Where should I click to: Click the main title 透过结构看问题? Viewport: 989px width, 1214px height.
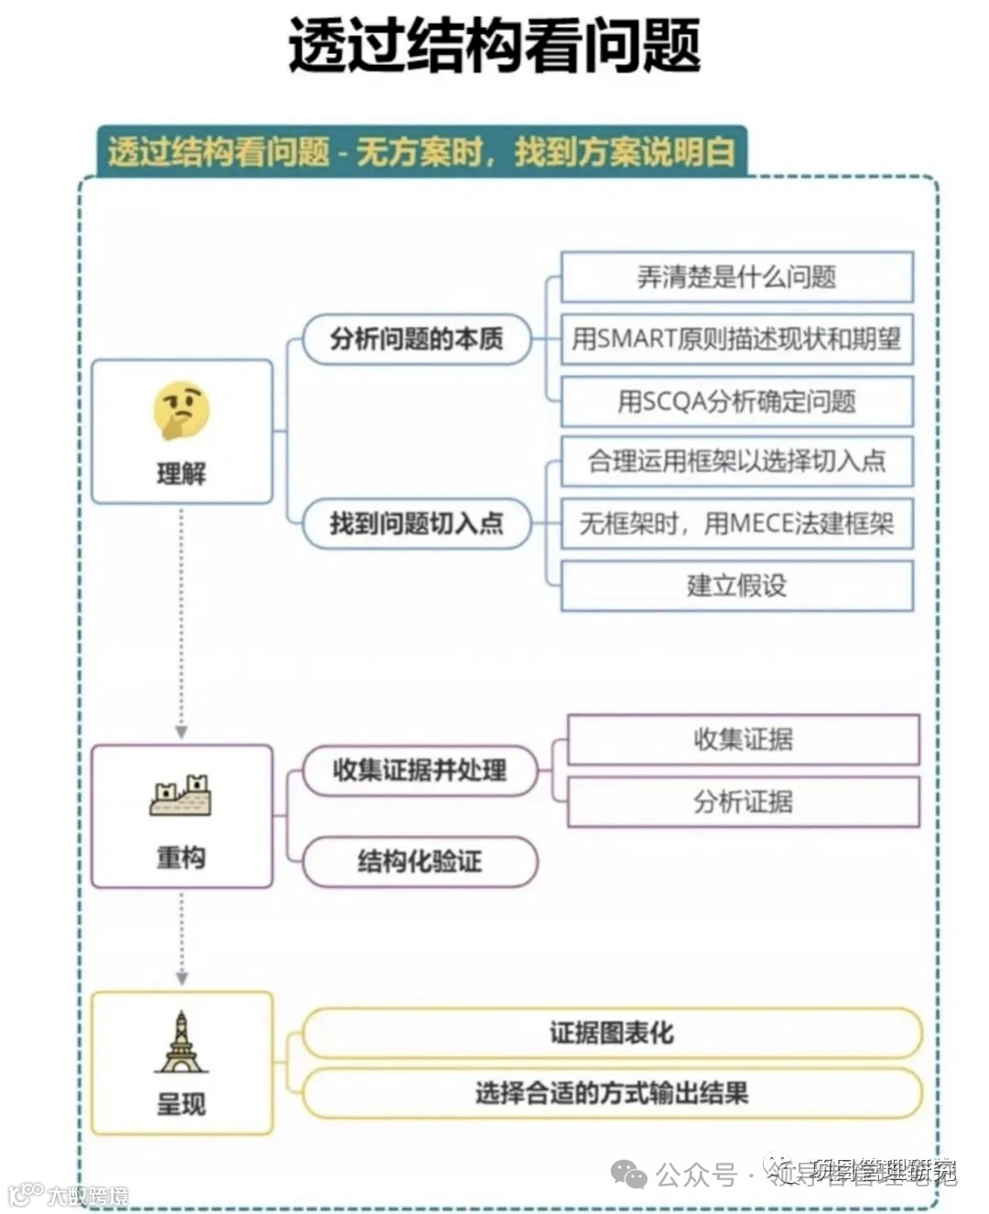[494, 46]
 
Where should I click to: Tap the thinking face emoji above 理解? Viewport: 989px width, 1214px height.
[181, 410]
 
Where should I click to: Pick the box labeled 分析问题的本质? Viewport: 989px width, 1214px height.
[417, 339]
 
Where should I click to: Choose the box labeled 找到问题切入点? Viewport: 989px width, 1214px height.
[417, 523]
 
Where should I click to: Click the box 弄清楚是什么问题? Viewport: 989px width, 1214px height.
[736, 277]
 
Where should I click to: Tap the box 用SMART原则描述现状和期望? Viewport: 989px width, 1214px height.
[736, 339]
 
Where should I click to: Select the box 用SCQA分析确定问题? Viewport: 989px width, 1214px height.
[736, 401]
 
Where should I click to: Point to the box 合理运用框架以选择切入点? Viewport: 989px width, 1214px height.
[736, 461]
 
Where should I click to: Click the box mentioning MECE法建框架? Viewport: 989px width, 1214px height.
[736, 523]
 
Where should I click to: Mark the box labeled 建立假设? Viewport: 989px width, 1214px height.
[736, 585]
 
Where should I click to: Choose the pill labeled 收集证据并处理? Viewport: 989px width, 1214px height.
[419, 770]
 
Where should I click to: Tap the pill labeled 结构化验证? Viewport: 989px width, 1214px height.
[419, 861]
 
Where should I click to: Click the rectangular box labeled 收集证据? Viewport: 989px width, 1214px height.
[743, 739]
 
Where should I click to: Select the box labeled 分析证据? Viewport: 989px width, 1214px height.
[743, 802]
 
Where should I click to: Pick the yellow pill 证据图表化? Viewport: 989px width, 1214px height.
[611, 1034]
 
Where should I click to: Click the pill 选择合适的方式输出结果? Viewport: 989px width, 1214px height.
[611, 1093]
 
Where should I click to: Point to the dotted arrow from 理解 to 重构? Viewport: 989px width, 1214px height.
[181, 623]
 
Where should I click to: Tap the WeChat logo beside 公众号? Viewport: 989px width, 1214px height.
[629, 1174]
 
